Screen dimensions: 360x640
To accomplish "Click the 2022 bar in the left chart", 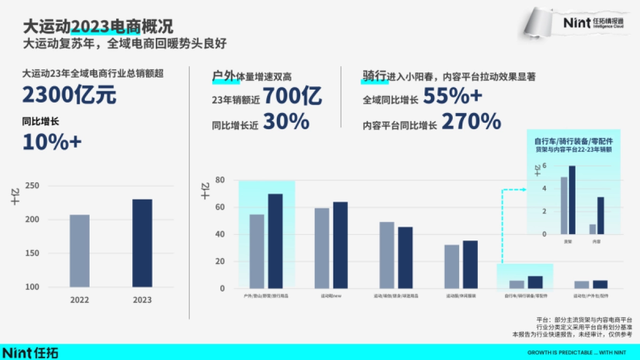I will click(79, 251).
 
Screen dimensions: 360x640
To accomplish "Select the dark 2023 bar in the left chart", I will click(142, 243).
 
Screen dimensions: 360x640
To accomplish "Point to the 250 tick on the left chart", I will click(32, 186).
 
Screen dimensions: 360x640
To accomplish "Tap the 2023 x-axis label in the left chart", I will click(142, 300).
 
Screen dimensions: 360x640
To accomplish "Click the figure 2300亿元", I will click(69, 96).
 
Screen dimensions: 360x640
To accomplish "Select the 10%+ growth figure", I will click(52, 141).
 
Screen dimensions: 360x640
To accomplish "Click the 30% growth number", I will click(286, 122).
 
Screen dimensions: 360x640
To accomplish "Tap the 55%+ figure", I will click(453, 96).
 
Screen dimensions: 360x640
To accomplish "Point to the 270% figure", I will click(471, 122).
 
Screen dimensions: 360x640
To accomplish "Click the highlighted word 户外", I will click(223, 77).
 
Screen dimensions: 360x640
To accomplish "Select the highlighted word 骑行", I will click(374, 77).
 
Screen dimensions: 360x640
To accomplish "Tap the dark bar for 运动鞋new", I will click(340, 245).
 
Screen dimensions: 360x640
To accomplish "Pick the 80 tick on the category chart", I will click(219, 180).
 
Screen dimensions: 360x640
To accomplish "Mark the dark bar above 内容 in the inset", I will click(601, 215).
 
